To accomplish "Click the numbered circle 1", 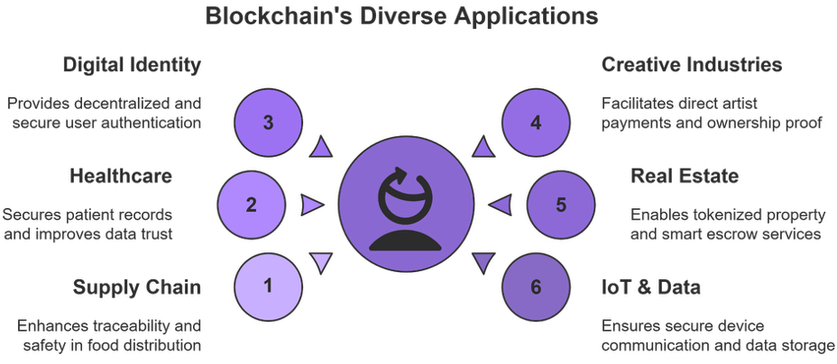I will click(x=269, y=287).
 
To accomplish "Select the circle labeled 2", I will click(x=252, y=205).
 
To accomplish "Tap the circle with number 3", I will click(x=269, y=123).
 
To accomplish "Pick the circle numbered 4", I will click(x=536, y=123).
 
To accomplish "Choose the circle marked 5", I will click(x=560, y=205).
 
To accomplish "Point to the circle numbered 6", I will click(x=536, y=287).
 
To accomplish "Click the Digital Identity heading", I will click(x=132, y=66).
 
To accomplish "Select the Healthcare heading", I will click(x=121, y=176).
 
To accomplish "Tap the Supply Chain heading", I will click(x=137, y=287).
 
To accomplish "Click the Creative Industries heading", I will click(x=692, y=66).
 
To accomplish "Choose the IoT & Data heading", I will click(x=651, y=287).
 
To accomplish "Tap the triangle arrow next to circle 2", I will click(x=311, y=205).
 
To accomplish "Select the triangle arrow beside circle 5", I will click(x=499, y=205).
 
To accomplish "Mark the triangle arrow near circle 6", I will click(x=483, y=263).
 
